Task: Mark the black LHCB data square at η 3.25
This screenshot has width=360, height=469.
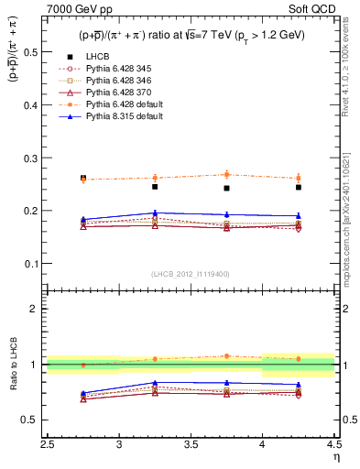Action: coord(155,187)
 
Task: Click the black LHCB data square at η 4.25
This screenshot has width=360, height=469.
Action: coord(299,187)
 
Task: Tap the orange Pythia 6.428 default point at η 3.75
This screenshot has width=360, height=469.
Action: coord(226,174)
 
